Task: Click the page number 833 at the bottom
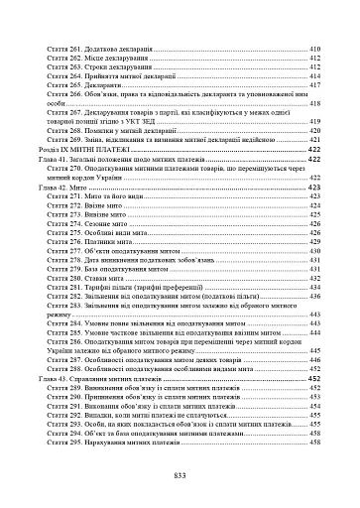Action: click(x=180, y=476)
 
